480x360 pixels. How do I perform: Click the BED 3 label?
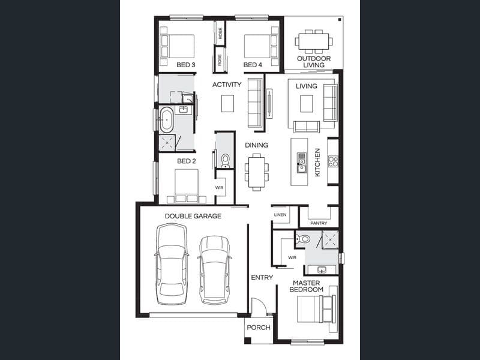(186, 65)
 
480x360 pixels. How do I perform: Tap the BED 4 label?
(253, 65)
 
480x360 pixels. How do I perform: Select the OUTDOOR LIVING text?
(314, 62)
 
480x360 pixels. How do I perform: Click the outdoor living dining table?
(314, 41)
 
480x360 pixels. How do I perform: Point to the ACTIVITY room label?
(227, 85)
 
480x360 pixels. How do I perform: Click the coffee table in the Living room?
(307, 103)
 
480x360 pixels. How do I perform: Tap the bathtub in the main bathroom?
(167, 119)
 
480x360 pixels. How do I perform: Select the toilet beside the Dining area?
(226, 161)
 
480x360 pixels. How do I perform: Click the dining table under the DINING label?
(257, 172)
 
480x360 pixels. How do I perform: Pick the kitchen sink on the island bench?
(302, 163)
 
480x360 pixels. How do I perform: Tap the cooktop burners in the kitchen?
(333, 161)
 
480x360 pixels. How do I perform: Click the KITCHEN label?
(317, 162)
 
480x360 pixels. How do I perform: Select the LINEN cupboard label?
(280, 215)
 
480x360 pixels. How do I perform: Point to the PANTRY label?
(319, 223)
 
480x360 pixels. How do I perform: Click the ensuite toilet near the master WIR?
(303, 239)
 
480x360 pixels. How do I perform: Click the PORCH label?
(259, 328)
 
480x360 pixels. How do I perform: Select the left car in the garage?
(172, 264)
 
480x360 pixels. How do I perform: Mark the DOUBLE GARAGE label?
(193, 216)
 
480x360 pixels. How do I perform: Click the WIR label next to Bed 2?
(219, 188)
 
